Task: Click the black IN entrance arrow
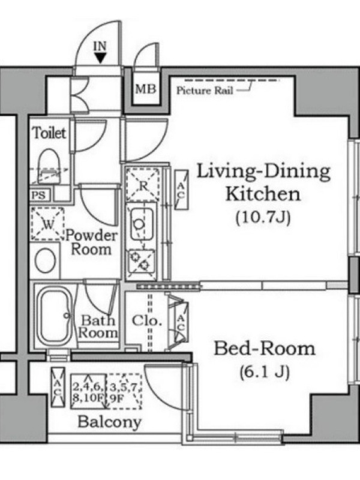[100, 58]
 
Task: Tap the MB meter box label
[146, 89]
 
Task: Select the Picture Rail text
[205, 91]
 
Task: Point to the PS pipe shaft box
[38, 195]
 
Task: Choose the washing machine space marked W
[48, 224]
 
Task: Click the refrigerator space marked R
[143, 184]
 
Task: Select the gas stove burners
[141, 261]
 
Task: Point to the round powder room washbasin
[46, 260]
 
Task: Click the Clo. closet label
[146, 321]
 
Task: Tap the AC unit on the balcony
[58, 387]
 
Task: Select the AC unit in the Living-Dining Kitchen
[181, 190]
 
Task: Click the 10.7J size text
[263, 218]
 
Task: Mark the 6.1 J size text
[265, 372]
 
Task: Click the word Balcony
[110, 422]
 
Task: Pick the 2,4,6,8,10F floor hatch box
[89, 392]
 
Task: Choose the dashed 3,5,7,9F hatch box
[125, 392]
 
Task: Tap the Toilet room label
[49, 133]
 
